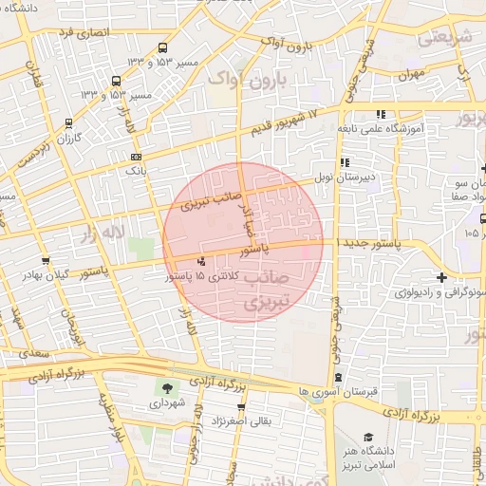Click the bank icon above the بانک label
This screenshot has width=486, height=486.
[x=136, y=158]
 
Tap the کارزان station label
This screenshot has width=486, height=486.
[x=66, y=139]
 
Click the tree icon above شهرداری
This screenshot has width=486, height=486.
[x=168, y=387]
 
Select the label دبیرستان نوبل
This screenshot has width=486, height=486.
[x=347, y=177]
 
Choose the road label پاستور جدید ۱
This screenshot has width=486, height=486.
[x=368, y=242]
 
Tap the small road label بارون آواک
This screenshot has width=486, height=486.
[x=286, y=45]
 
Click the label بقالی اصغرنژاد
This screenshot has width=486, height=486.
[x=257, y=419]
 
